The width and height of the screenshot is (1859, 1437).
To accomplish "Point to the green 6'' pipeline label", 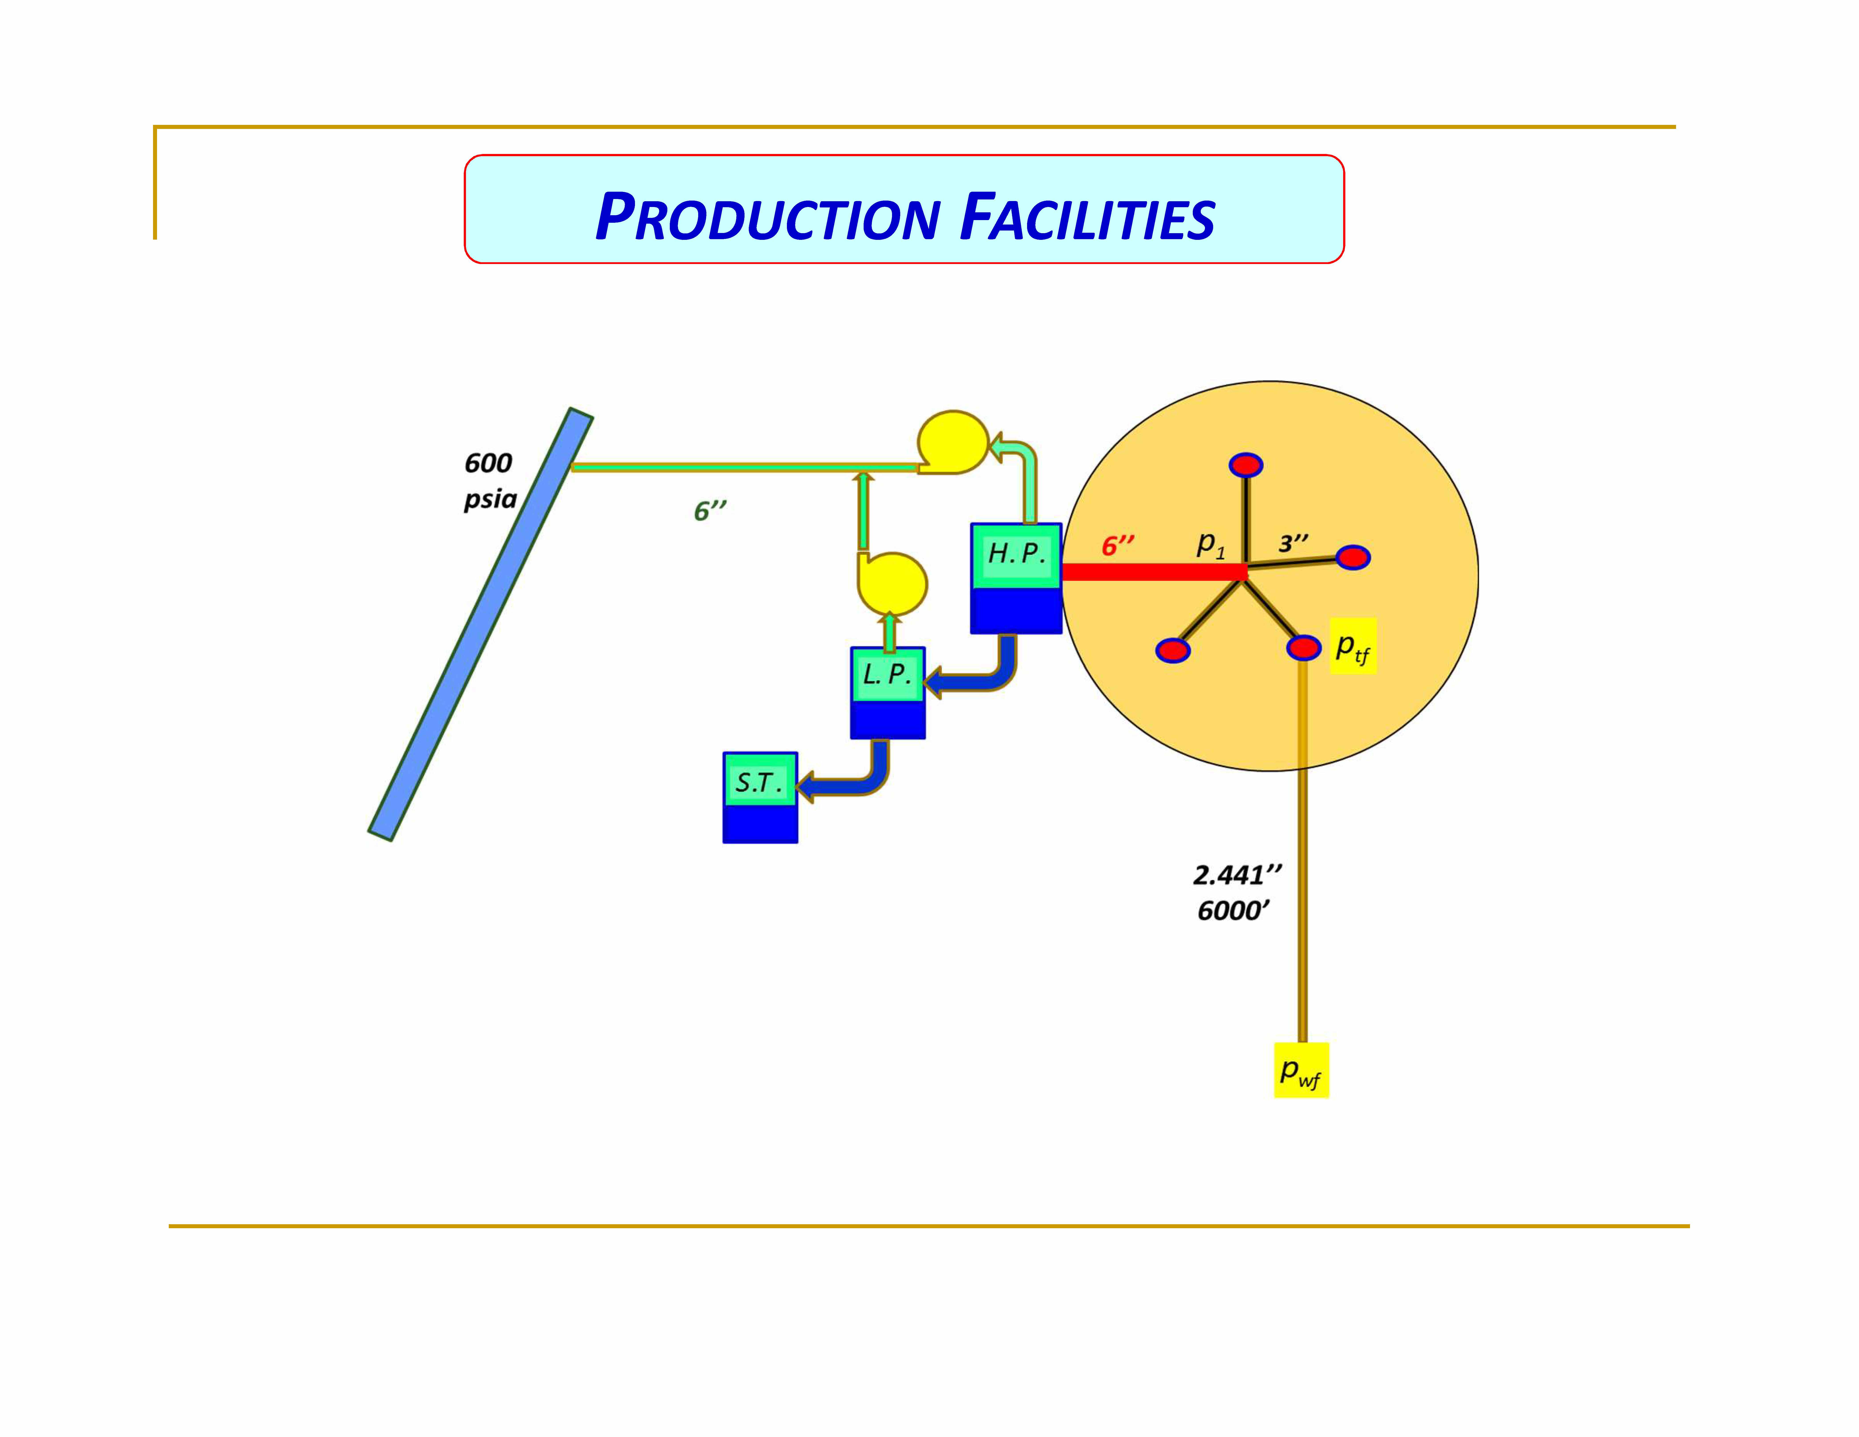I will click(710, 511).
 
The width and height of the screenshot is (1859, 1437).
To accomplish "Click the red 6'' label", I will click(1118, 546).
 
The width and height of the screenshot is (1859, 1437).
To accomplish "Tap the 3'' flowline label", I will click(1293, 543).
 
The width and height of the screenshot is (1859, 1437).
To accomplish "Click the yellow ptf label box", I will click(1352, 647).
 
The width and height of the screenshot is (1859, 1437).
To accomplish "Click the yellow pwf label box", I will click(1301, 1070).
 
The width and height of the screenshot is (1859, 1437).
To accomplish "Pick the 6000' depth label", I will click(1233, 911).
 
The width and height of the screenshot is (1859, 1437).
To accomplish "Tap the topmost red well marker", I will click(1246, 465).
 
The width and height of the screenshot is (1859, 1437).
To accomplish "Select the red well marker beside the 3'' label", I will click(1352, 558).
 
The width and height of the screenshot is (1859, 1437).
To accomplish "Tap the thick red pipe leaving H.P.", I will click(1153, 572).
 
